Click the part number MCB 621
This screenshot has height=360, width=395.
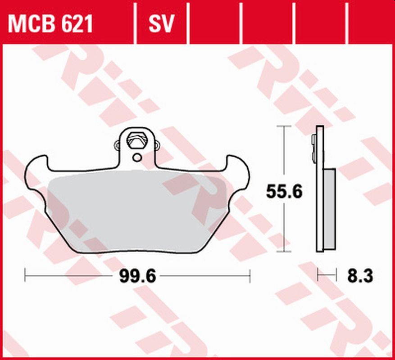[50, 24]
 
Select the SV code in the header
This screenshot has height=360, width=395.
[161, 24]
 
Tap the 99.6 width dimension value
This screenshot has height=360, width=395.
[137, 276]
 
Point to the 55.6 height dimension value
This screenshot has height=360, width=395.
[284, 192]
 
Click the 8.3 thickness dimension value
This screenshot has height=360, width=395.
[360, 275]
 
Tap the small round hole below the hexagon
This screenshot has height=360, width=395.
[136, 157]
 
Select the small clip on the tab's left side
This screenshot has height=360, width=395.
[118, 145]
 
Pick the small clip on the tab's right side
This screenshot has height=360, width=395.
[157, 145]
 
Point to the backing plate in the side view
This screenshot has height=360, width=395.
[320, 189]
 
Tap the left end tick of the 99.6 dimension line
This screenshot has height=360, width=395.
[25, 276]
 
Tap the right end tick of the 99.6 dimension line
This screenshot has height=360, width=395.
[250, 276]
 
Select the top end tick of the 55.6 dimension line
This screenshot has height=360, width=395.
[283, 127]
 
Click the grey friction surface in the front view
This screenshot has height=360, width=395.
[135, 211]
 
